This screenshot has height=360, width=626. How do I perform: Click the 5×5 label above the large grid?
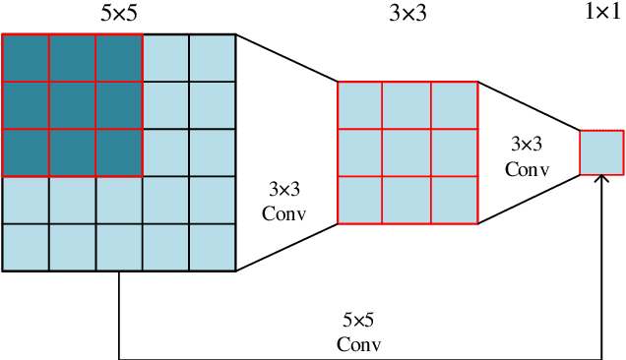coord(119,15)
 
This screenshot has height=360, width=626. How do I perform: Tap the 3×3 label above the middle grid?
coord(408,15)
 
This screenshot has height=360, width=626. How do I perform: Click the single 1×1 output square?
coord(601,151)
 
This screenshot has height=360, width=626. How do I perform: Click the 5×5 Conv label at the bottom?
coord(358,331)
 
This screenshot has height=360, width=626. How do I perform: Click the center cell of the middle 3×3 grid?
coord(407,152)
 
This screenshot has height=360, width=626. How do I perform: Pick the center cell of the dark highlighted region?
coord(72,106)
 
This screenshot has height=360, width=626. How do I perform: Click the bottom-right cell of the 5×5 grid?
coord(213,247)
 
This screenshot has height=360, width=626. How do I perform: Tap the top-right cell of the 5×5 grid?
coord(213,58)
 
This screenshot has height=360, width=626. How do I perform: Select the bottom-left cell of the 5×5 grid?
coord(26,247)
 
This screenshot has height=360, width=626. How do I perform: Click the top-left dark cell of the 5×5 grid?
coord(26,58)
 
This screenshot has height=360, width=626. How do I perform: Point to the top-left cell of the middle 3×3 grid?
coord(360,104)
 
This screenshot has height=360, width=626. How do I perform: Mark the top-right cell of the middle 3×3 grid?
coord(455,104)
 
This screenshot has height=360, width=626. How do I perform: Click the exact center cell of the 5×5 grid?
coord(119,152)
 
